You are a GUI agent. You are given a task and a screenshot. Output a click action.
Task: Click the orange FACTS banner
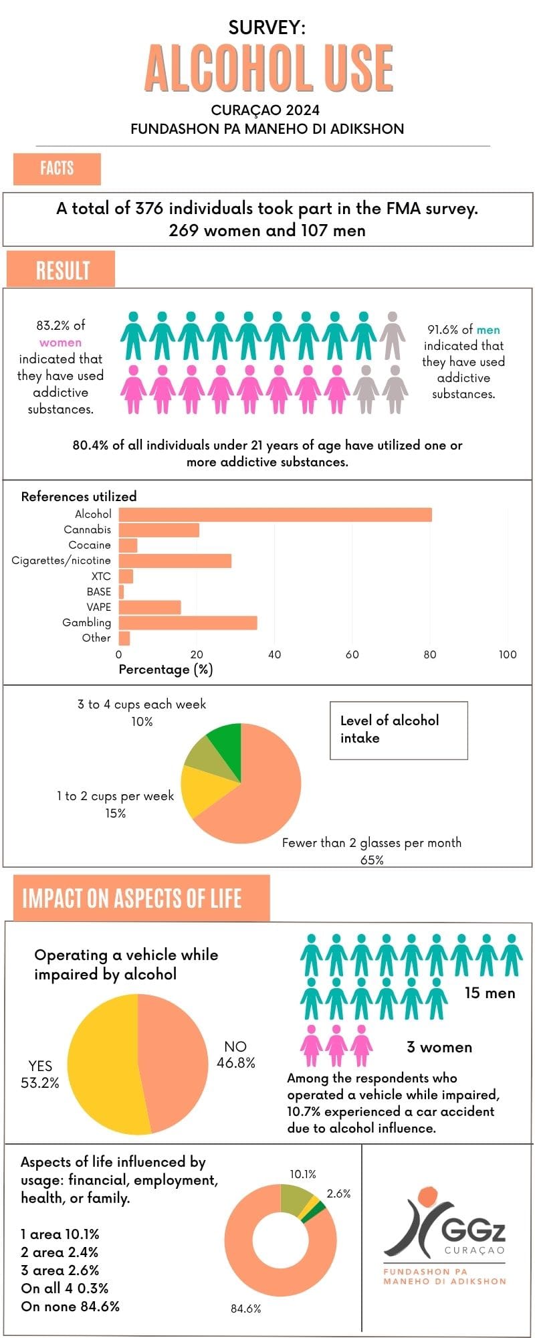(x=57, y=169)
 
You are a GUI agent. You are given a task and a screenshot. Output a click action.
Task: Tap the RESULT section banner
(x=61, y=270)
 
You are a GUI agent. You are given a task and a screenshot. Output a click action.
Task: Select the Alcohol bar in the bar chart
(x=275, y=514)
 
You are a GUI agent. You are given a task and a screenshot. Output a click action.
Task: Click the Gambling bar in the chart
(x=188, y=623)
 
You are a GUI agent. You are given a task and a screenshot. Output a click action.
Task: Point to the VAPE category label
(x=99, y=607)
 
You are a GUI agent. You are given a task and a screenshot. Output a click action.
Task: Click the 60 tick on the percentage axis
(x=352, y=654)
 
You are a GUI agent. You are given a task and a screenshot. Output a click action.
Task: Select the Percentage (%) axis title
(x=165, y=670)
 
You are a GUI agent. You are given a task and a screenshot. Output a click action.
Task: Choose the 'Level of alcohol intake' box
(x=399, y=730)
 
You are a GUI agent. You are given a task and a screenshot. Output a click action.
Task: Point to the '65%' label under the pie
(x=372, y=860)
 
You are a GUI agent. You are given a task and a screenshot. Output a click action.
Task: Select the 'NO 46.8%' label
(x=235, y=1054)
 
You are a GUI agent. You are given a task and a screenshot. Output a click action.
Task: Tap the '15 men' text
(x=490, y=993)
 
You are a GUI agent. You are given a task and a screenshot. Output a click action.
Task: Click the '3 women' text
(x=439, y=1047)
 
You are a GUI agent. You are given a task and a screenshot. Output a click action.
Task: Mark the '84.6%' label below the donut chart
(x=245, y=1309)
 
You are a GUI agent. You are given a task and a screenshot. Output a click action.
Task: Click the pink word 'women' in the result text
(x=60, y=343)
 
